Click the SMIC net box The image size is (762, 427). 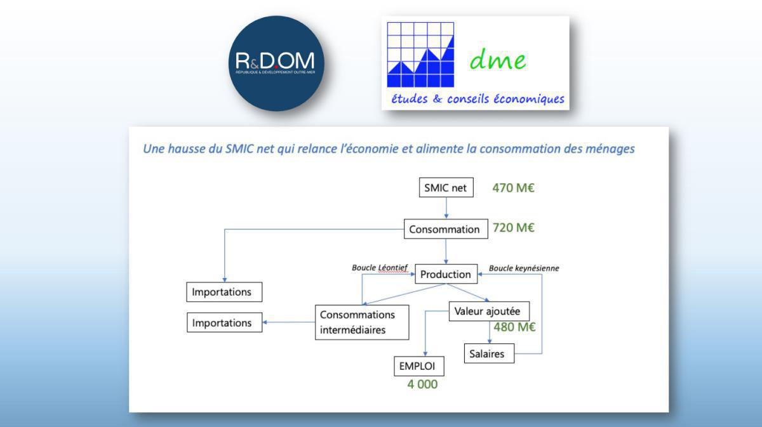[446, 188]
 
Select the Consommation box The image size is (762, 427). [444, 229]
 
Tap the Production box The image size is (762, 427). [446, 274]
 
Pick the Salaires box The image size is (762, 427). [488, 353]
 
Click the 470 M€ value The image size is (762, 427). [515, 188]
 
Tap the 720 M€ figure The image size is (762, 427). [514, 228]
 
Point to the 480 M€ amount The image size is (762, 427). [514, 327]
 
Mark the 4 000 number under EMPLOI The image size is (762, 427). [422, 384]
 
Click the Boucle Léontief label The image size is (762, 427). [380, 268]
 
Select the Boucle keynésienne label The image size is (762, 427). [524, 268]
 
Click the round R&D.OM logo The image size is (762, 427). [275, 63]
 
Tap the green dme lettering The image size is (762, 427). [498, 60]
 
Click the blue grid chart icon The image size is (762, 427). [420, 55]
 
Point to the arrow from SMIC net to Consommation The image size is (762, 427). [446, 208]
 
